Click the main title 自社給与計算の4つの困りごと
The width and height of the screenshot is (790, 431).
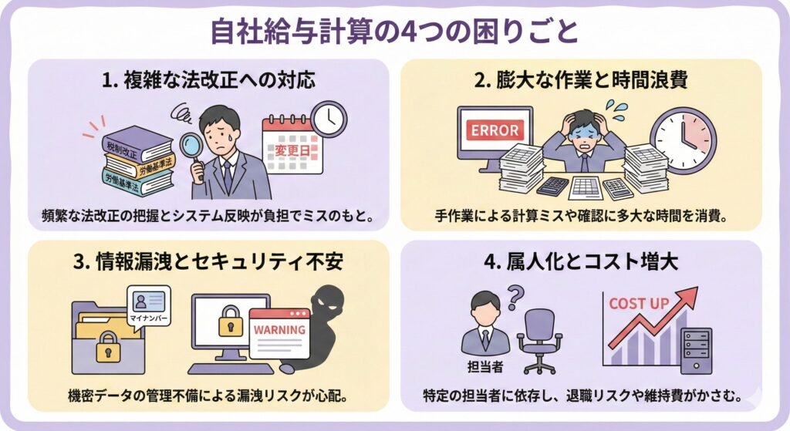394,32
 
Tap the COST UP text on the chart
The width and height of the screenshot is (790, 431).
639,303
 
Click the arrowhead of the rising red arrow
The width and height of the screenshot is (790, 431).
689,295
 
